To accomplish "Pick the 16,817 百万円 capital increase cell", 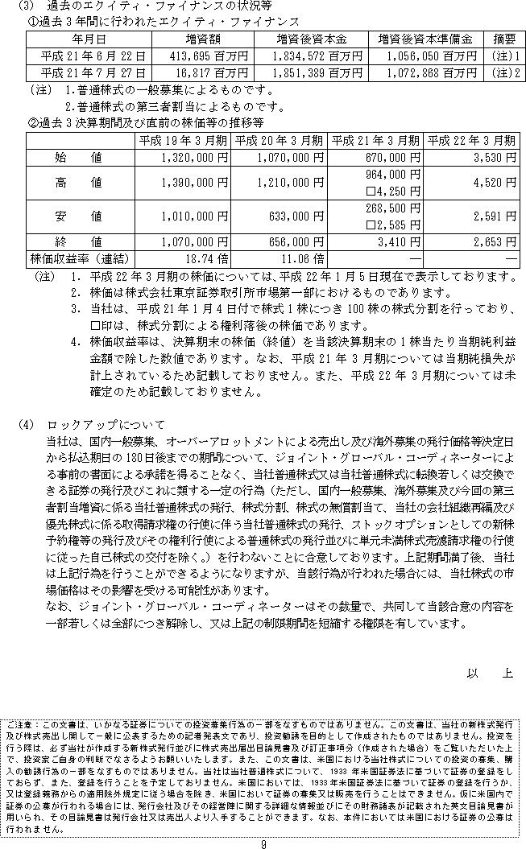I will point(206,73).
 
